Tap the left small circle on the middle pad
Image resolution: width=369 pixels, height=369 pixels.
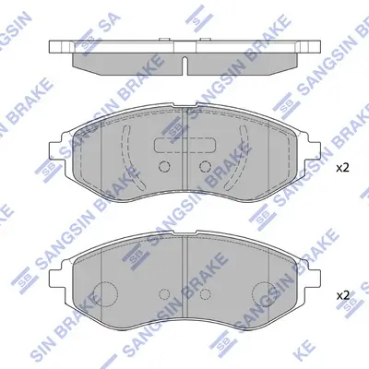[x=165, y=167]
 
